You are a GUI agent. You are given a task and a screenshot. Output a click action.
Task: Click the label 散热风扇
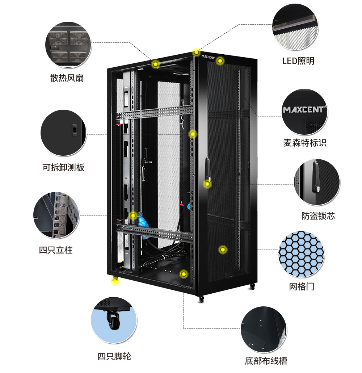(67, 78)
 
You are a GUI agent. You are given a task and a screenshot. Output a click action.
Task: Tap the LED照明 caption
(298, 61)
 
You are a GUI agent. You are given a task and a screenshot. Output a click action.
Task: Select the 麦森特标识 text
(305, 143)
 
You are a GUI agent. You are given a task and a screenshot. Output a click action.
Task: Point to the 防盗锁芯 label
(318, 216)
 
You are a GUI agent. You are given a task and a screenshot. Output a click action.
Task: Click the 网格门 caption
(302, 286)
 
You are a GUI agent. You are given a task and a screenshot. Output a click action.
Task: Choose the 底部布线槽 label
(266, 361)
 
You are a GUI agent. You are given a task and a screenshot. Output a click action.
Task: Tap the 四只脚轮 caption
(114, 356)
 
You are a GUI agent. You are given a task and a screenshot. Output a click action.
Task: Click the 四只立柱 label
(56, 250)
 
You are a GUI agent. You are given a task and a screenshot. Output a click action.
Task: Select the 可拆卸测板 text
(63, 167)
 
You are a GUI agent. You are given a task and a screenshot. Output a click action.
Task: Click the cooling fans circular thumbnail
(68, 45)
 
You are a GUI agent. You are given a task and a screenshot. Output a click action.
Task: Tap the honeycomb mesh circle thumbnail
(301, 254)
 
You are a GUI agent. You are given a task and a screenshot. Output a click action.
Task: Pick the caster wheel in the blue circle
(113, 320)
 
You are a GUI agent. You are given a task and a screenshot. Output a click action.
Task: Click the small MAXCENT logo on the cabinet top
(208, 57)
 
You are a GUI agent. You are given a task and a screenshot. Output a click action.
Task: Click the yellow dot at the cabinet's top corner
(196, 52)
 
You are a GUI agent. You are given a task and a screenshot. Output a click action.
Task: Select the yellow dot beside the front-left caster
(115, 281)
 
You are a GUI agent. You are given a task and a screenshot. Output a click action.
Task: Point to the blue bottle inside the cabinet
(143, 219)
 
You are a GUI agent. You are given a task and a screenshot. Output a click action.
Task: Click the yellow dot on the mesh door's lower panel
(223, 250)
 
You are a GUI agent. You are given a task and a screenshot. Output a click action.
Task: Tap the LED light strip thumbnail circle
(295, 27)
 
